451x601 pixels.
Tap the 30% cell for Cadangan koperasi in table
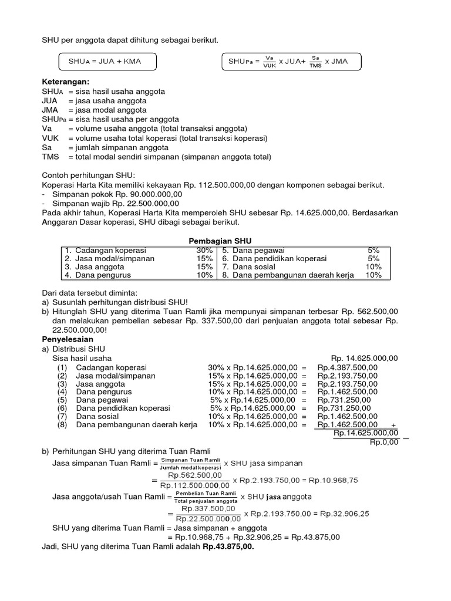coord(204,250)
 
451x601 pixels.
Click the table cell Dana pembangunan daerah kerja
coord(288,275)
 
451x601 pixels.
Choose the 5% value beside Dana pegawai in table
coord(373,250)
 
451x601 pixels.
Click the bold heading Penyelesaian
coord(68,339)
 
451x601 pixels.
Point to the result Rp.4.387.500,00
coord(347,367)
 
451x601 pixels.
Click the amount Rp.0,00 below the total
coord(384,442)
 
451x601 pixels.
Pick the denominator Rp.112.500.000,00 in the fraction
coord(194,485)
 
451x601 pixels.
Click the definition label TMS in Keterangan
coord(51,157)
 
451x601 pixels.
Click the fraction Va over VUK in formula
coord(270,61)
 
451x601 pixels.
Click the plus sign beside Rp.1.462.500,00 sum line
coord(392,426)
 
